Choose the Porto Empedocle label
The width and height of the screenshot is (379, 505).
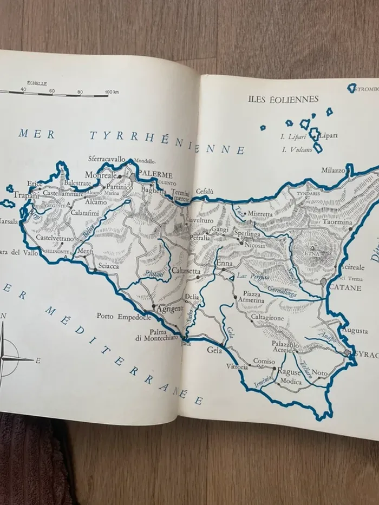tap(123, 317)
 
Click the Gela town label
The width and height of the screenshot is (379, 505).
tap(215, 350)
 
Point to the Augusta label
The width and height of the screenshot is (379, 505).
tap(355, 330)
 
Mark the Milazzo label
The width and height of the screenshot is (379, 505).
tap(333, 170)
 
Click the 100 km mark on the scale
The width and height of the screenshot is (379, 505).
tap(112, 92)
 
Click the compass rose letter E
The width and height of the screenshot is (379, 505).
tap(38, 359)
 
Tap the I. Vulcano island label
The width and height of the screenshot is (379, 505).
tap(293, 149)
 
